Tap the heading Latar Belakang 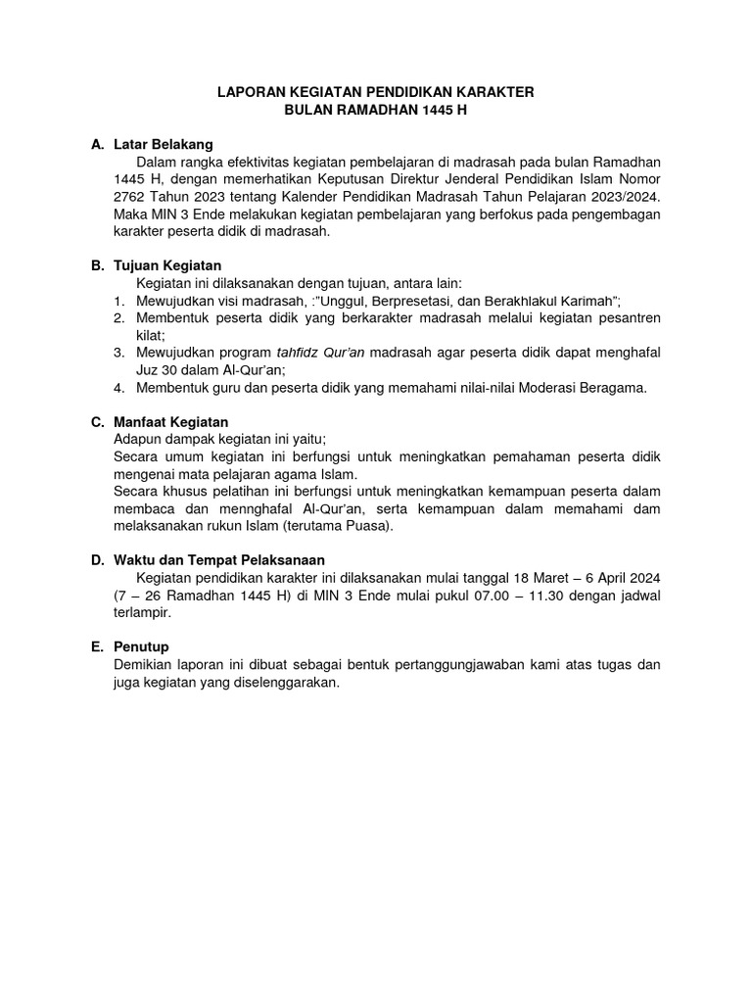pyautogui.click(x=163, y=144)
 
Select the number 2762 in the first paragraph pyautogui.click(x=133, y=197)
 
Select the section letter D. pyautogui.click(x=97, y=560)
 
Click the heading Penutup pyautogui.click(x=142, y=647)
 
